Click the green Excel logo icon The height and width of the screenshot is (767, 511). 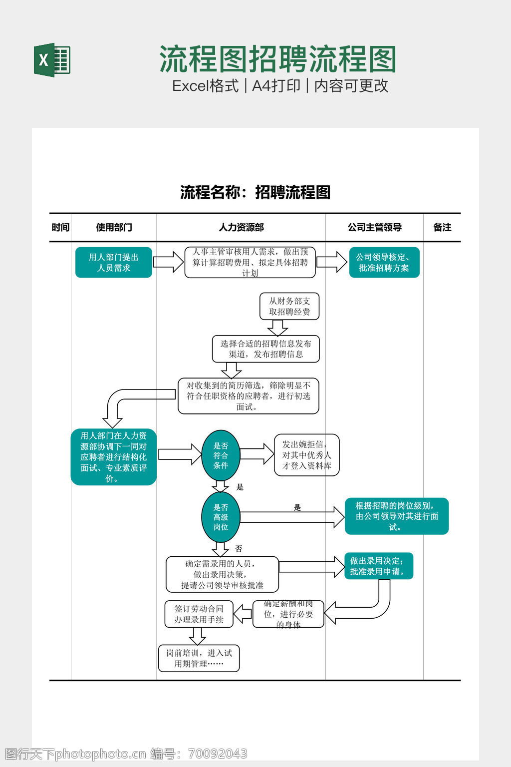[52, 60]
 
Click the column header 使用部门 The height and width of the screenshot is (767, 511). [114, 227]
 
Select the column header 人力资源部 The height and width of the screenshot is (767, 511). [241, 227]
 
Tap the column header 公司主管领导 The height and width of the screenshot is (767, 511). [374, 227]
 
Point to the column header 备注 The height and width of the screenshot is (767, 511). [442, 227]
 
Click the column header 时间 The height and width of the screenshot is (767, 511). [60, 227]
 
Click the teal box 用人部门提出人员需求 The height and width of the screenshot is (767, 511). [113, 262]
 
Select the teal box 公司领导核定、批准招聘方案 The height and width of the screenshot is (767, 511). [384, 262]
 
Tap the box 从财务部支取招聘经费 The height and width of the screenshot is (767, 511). [289, 306]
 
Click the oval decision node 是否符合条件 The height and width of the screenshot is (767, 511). [221, 455]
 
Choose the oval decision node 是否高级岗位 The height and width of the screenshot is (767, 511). [221, 517]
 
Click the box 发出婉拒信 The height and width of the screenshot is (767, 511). [306, 455]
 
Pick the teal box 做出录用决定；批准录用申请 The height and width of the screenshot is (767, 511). [378, 566]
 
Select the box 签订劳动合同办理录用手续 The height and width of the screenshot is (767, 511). [199, 614]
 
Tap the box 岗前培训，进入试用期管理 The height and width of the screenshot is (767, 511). [199, 658]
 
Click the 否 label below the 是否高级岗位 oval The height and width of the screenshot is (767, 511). [239, 549]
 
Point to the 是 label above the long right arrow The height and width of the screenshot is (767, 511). [297, 508]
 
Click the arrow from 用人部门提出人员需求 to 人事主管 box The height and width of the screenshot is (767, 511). [168, 262]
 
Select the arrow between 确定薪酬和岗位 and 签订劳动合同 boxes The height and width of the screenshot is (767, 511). [243, 614]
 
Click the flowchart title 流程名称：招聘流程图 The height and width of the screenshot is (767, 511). [255, 192]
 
